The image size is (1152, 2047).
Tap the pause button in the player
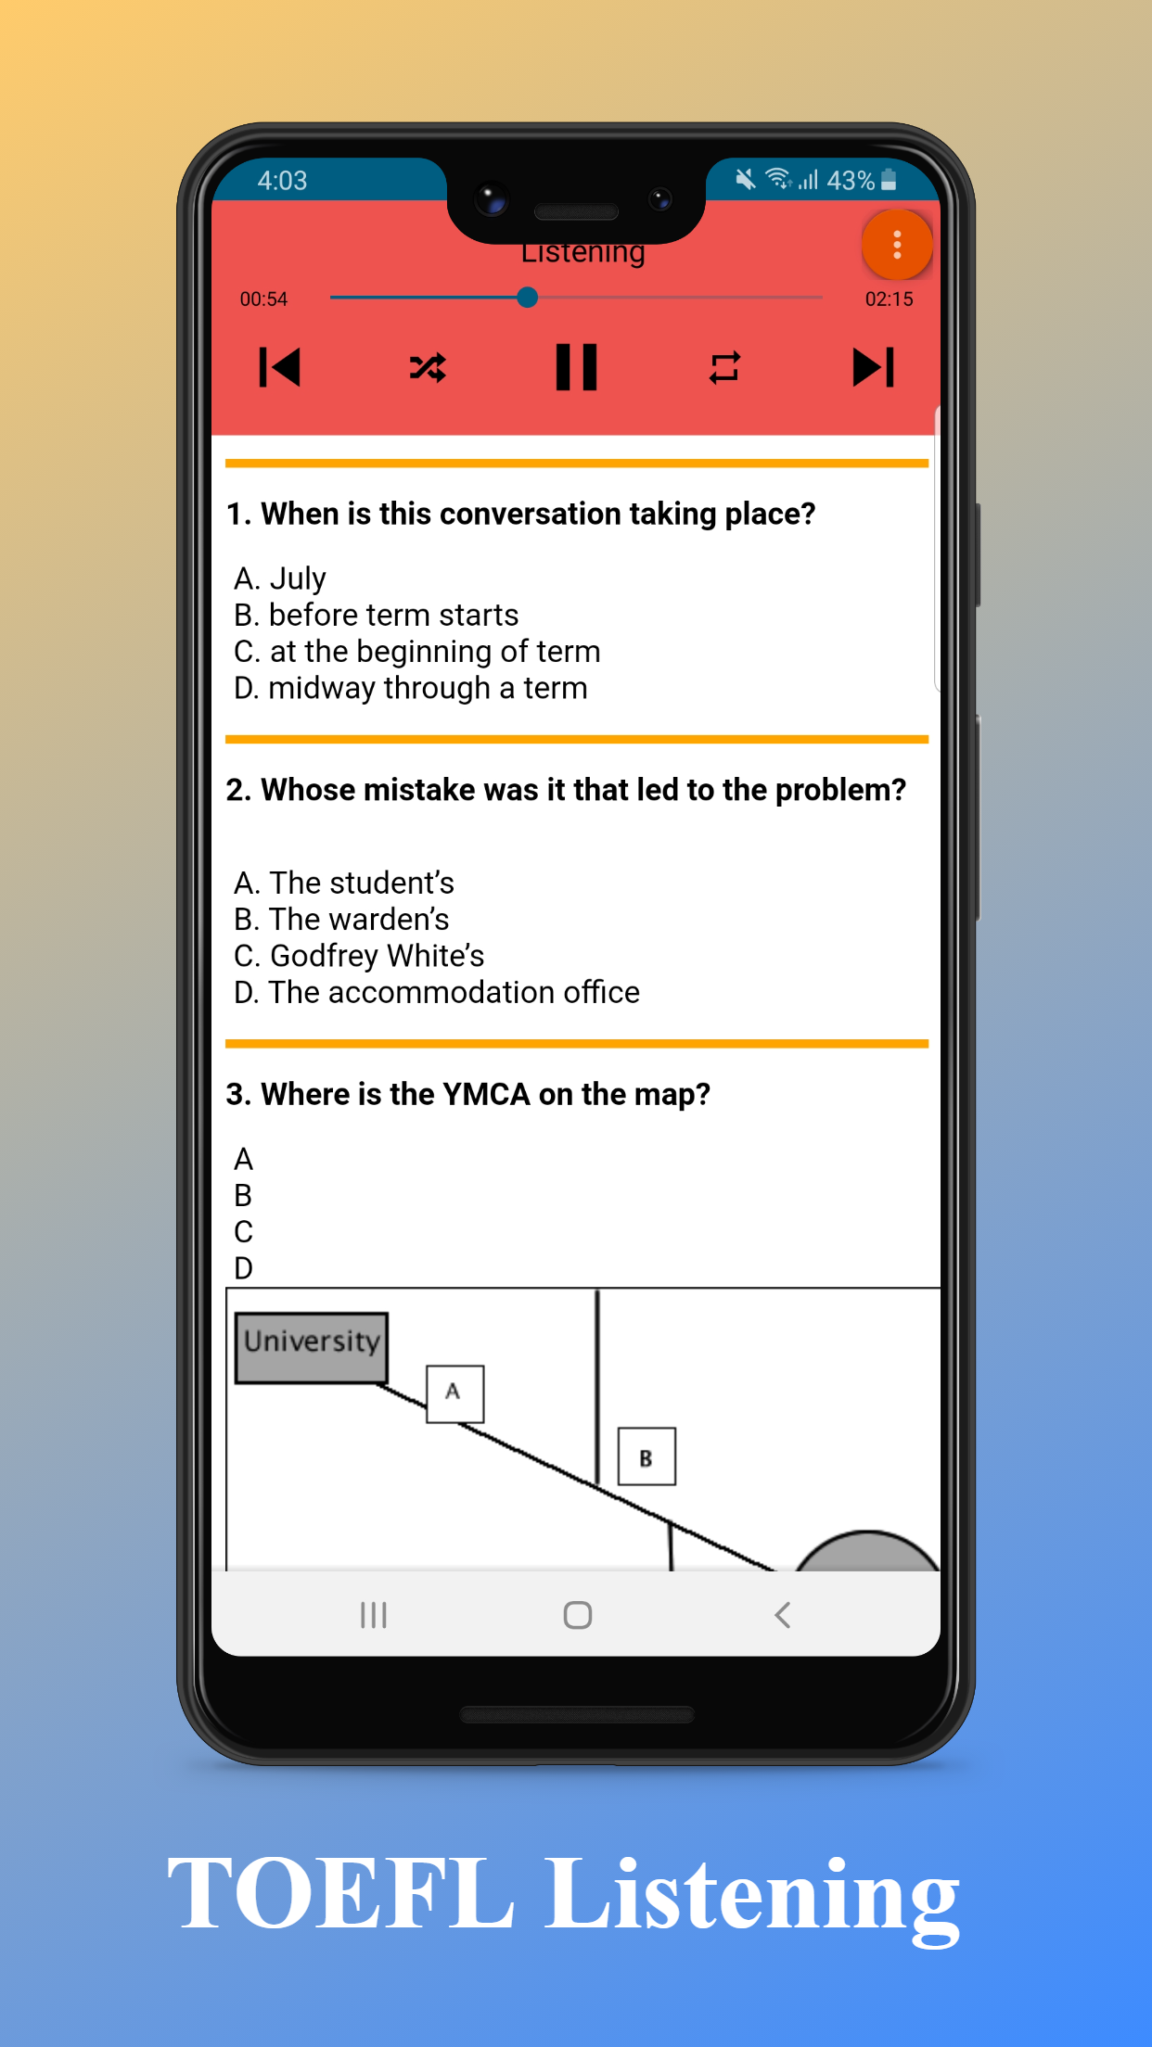(576, 367)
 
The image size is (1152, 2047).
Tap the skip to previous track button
(279, 367)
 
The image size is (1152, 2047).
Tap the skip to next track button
(873, 367)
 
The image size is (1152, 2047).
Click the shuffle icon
(428, 368)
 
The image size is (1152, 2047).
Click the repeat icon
(724, 367)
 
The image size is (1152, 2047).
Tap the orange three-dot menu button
(896, 245)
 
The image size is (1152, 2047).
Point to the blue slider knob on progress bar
(527, 298)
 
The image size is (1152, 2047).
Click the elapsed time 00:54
(263, 299)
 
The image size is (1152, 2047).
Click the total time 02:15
(889, 299)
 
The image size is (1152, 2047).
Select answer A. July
(280, 578)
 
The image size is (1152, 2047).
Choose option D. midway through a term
(410, 688)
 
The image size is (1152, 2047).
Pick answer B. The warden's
(341, 919)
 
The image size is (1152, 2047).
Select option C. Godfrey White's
(359, 956)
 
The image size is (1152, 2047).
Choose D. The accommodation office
(436, 992)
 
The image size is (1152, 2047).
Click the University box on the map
(312, 1347)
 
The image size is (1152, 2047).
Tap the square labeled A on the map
(454, 1393)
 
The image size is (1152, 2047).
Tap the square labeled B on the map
(646, 1456)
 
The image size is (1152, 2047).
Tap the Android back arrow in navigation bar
(782, 1615)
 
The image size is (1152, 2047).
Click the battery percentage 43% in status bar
(850, 180)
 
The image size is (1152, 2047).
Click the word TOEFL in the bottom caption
(340, 1894)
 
